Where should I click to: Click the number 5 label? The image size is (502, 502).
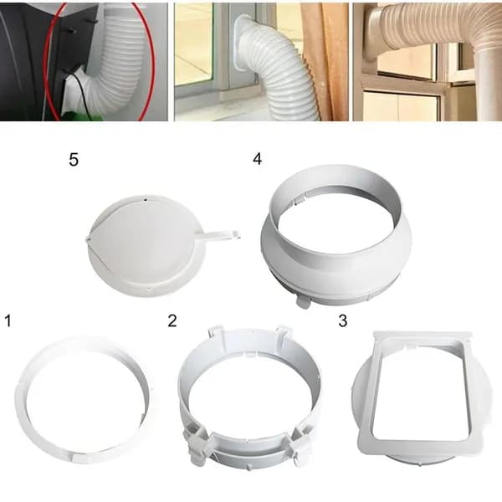(x=74, y=160)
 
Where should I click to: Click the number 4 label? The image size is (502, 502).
(x=258, y=158)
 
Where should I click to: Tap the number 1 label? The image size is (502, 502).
(x=8, y=320)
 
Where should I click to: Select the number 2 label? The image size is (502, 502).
(x=172, y=320)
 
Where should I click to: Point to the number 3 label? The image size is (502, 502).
(x=342, y=320)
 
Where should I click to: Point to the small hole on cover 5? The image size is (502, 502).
(x=146, y=200)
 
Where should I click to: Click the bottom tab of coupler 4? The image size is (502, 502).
(x=303, y=302)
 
